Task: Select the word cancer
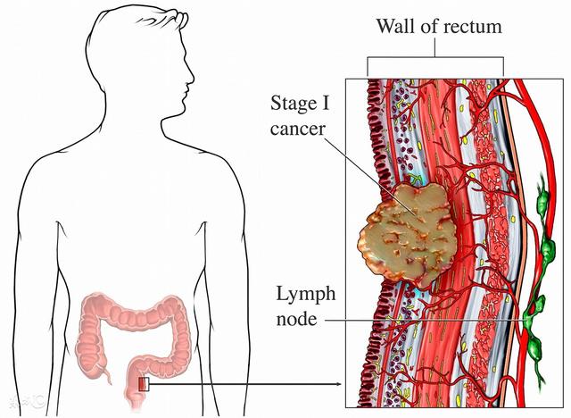297,129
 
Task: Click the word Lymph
306,295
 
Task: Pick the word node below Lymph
296,319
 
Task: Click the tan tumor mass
407,234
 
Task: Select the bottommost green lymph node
534,351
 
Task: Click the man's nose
191,76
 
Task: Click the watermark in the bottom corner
28,402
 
